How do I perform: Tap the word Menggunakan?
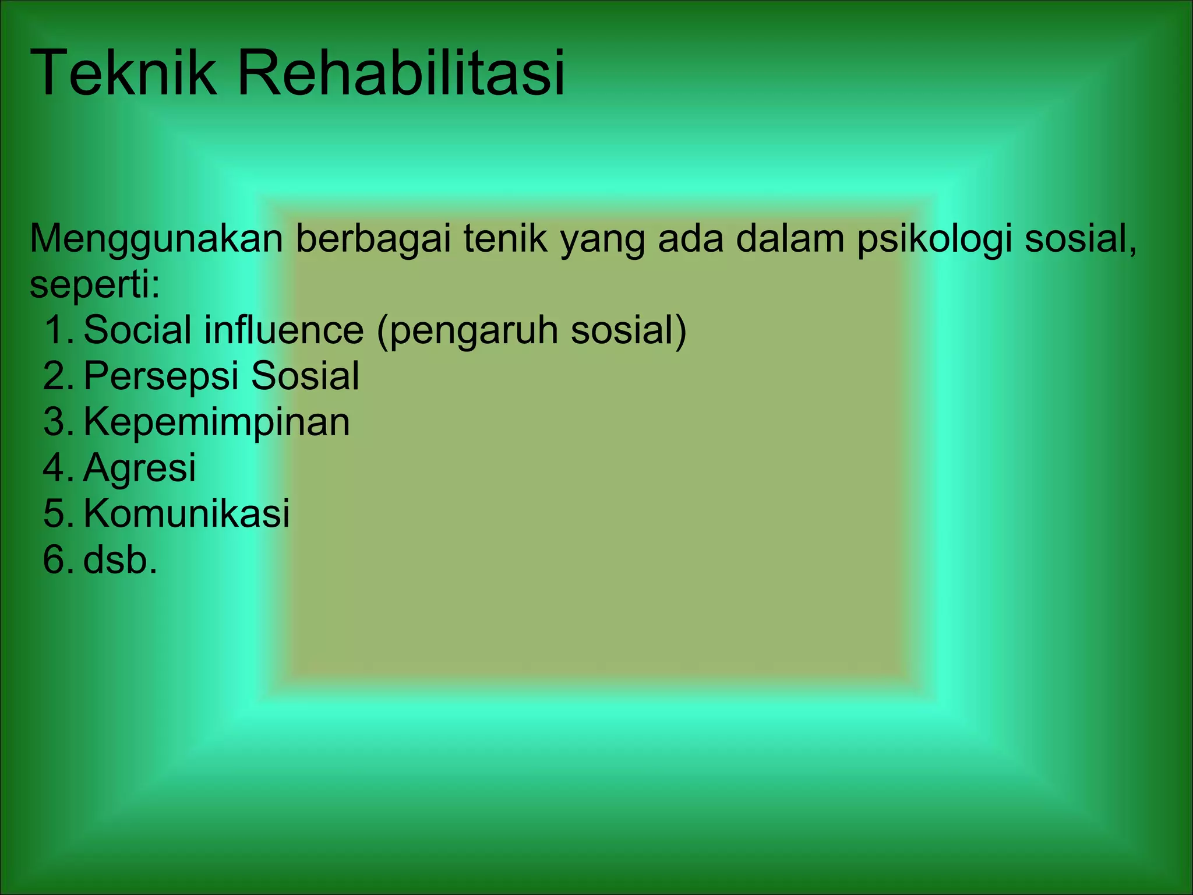(x=156, y=239)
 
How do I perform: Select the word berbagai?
(x=373, y=239)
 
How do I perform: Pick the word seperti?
(x=94, y=285)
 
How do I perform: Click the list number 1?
(x=57, y=330)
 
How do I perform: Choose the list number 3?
(x=57, y=422)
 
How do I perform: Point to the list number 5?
(x=57, y=513)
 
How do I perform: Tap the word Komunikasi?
(x=186, y=513)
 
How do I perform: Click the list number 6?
(x=57, y=559)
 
